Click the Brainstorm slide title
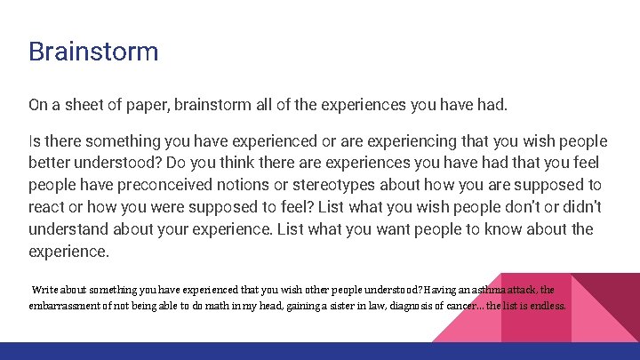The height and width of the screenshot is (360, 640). coord(93,51)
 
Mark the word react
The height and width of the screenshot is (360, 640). coord(49,206)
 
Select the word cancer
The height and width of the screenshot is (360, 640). coord(454,306)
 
